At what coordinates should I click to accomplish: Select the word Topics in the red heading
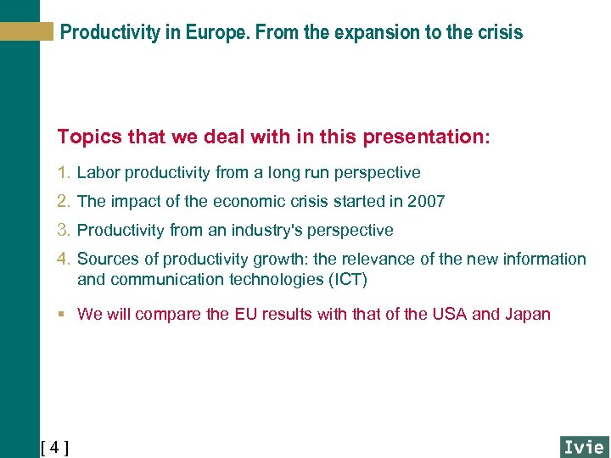(87, 137)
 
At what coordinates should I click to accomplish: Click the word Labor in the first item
(97, 173)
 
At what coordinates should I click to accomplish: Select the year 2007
(427, 202)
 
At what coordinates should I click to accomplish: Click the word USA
(449, 315)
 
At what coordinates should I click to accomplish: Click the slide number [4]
(54, 447)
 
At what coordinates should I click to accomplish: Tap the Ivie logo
(583, 446)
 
